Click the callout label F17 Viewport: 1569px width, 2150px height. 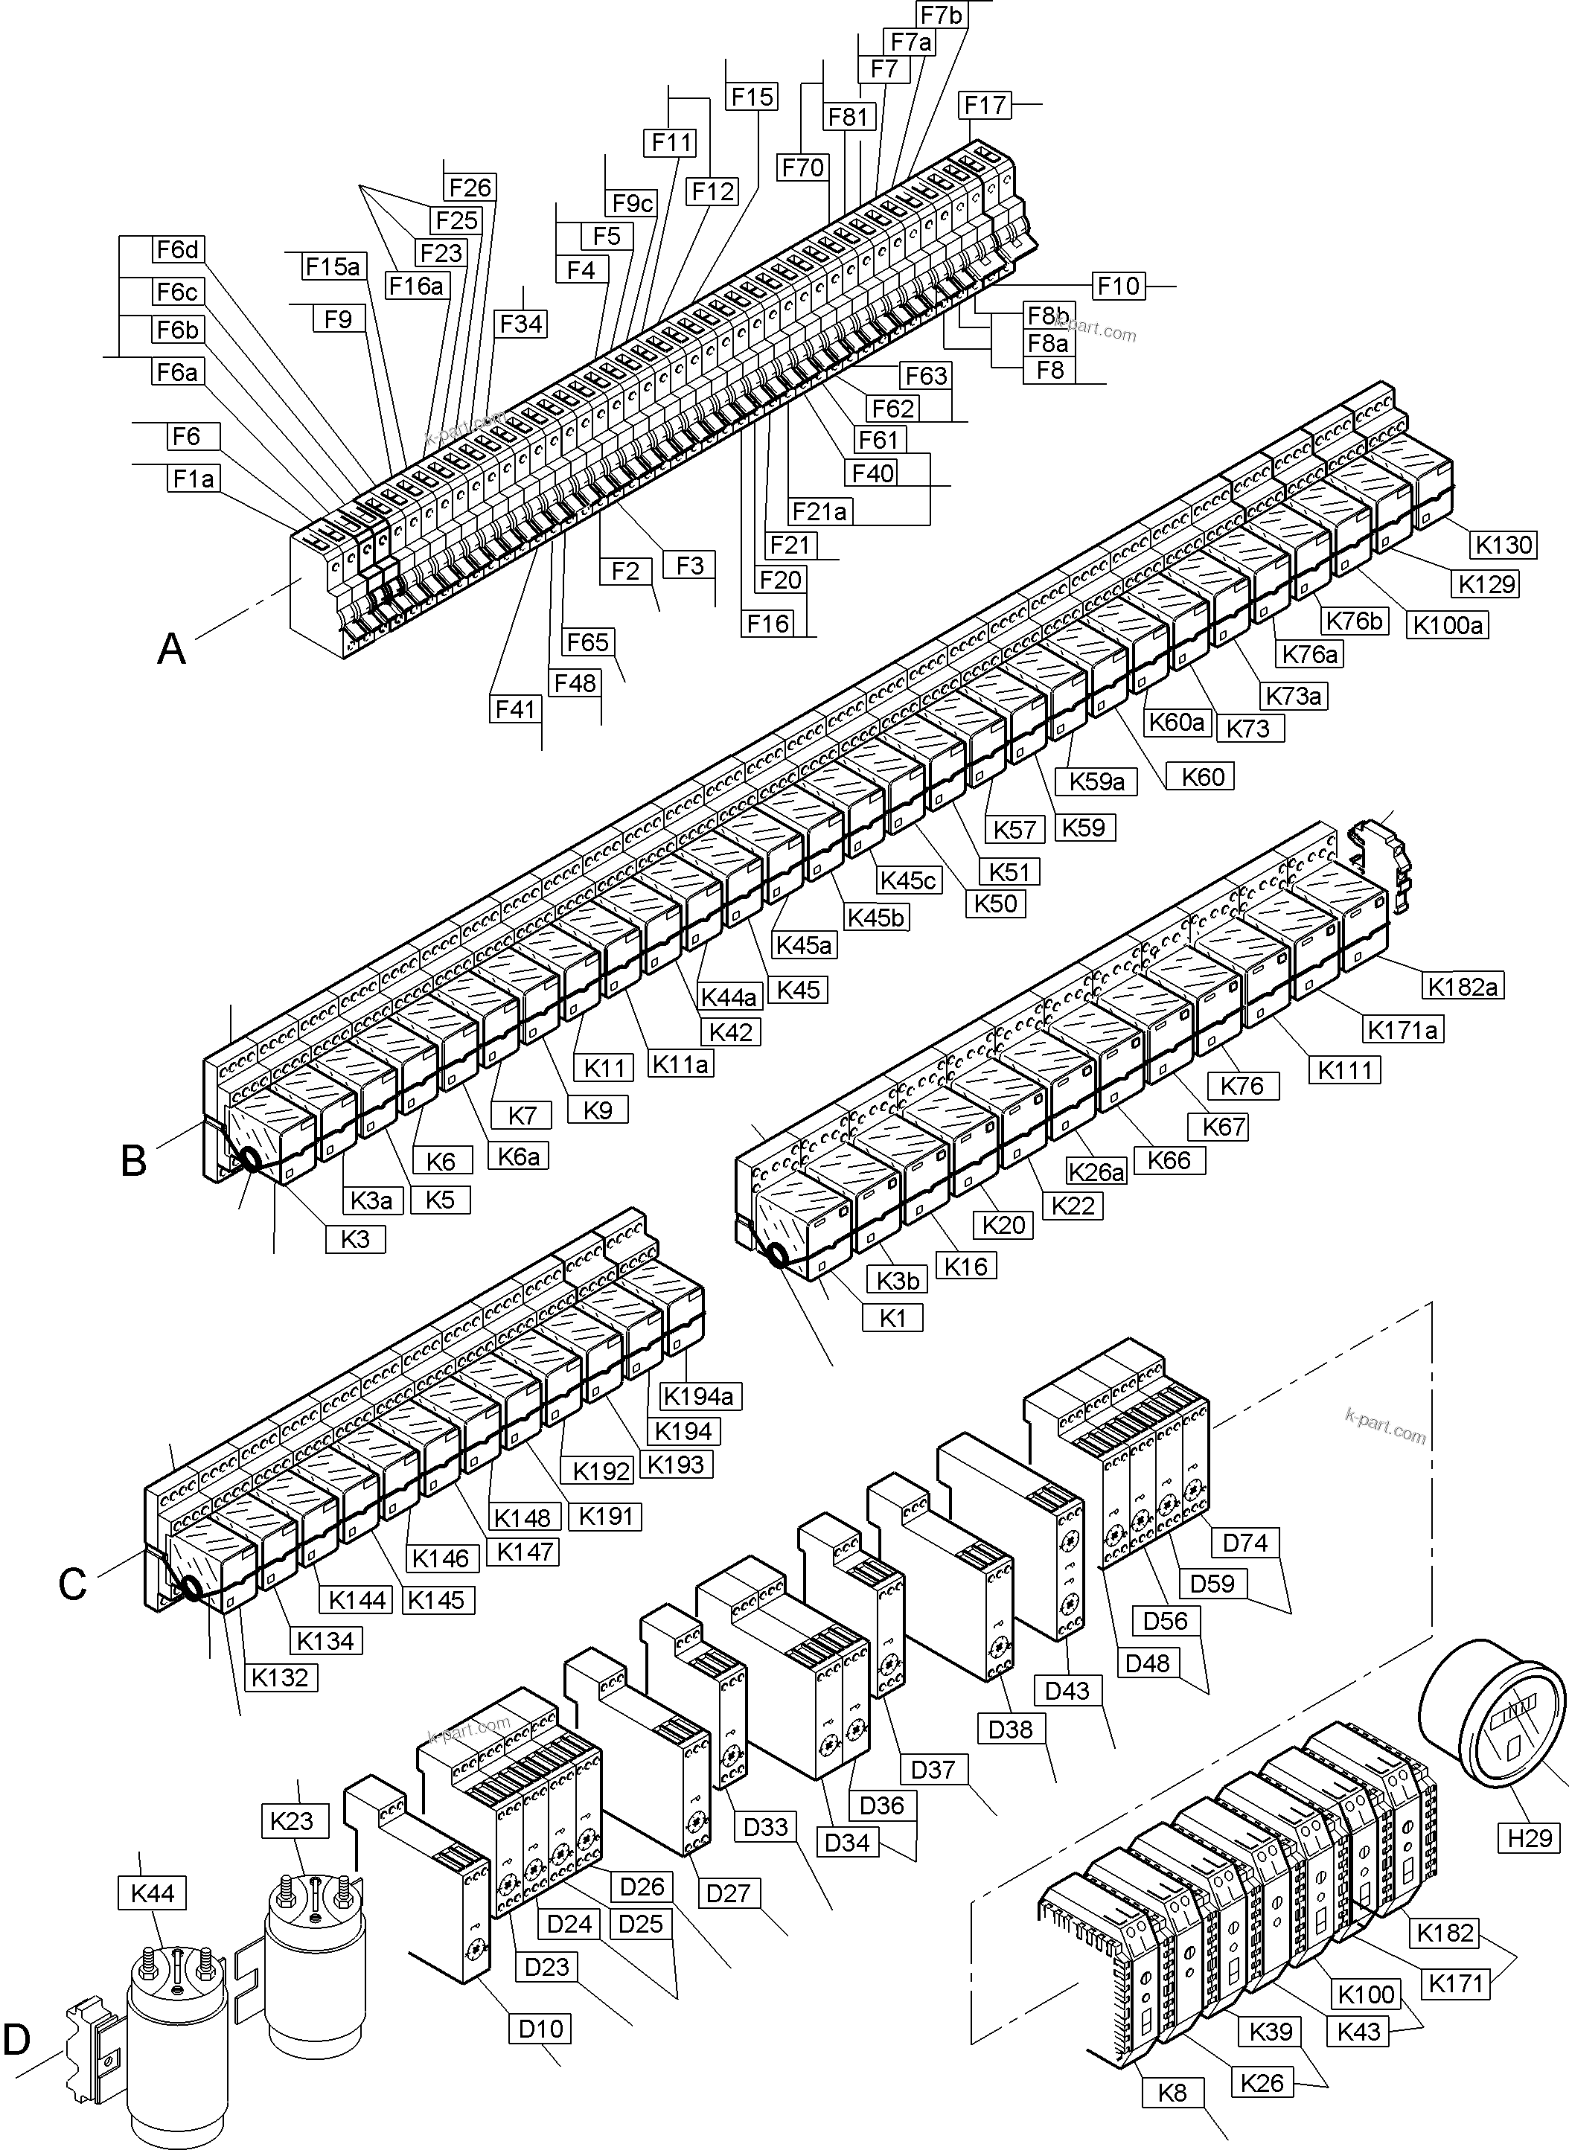(x=985, y=106)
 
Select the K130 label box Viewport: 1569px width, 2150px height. (x=1504, y=544)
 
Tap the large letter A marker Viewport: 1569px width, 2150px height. (x=172, y=650)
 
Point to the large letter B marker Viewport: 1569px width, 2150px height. (x=134, y=1160)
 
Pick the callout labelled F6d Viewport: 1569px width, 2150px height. (x=178, y=250)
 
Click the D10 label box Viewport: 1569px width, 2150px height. (x=541, y=2029)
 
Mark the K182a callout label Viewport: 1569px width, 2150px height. (x=1463, y=986)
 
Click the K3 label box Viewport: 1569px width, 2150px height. (x=355, y=1239)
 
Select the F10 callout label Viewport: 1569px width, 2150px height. (x=1118, y=286)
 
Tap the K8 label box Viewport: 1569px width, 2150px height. (x=1173, y=2093)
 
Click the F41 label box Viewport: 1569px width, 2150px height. (x=516, y=708)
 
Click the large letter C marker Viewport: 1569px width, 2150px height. (x=72, y=1584)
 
